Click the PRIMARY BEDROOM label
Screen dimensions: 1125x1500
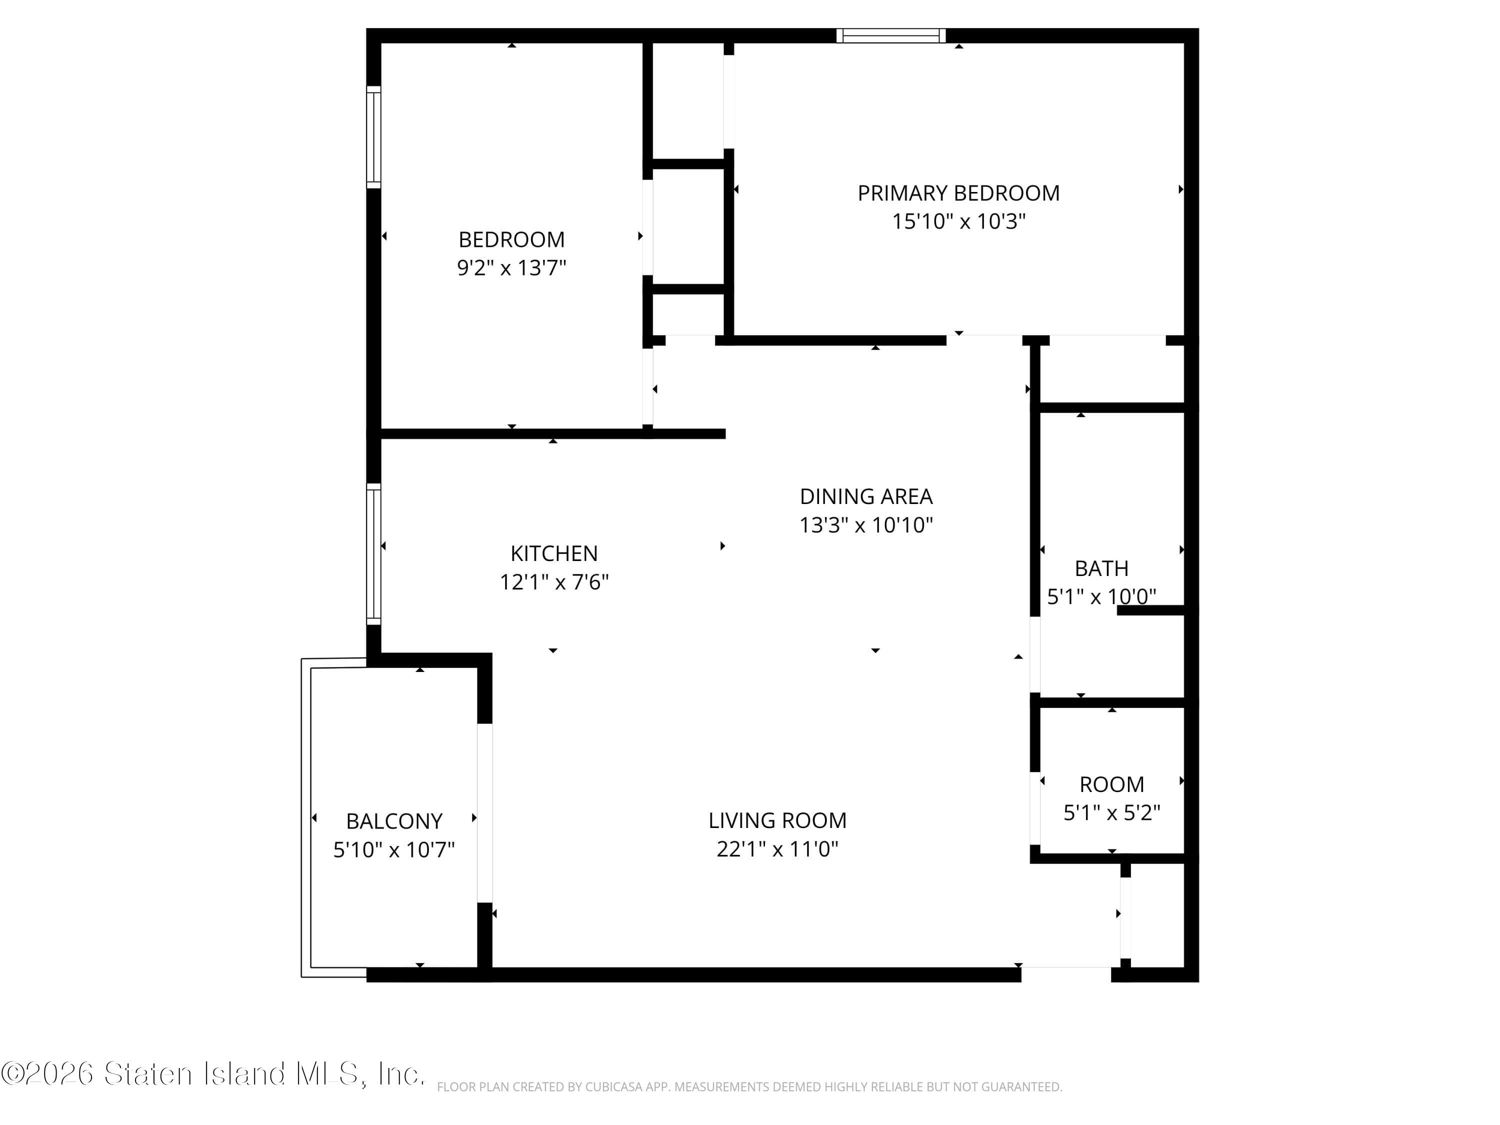click(x=958, y=193)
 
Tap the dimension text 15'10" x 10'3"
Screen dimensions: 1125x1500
click(x=958, y=221)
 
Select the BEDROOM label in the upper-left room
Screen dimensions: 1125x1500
click(x=511, y=239)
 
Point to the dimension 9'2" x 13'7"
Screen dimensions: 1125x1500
click(x=511, y=268)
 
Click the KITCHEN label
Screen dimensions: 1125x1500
click(x=554, y=553)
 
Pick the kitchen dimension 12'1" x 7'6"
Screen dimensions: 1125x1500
click(x=554, y=582)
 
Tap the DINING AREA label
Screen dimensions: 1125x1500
click(x=866, y=496)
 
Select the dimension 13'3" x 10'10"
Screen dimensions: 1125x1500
click(x=866, y=525)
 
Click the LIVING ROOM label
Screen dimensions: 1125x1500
click(x=777, y=820)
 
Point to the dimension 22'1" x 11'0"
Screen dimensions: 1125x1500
click(x=777, y=849)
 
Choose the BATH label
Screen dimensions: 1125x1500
click(x=1101, y=568)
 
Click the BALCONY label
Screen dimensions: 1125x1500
click(x=394, y=821)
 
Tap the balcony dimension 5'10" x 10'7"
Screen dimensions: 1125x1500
click(x=394, y=849)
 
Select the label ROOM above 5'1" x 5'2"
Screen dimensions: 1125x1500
click(x=1111, y=784)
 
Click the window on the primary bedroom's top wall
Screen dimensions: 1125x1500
click(x=890, y=35)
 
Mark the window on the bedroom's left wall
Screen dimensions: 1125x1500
click(x=373, y=137)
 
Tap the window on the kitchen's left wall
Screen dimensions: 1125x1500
click(x=373, y=554)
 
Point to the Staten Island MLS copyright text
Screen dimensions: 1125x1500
click(x=213, y=1073)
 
